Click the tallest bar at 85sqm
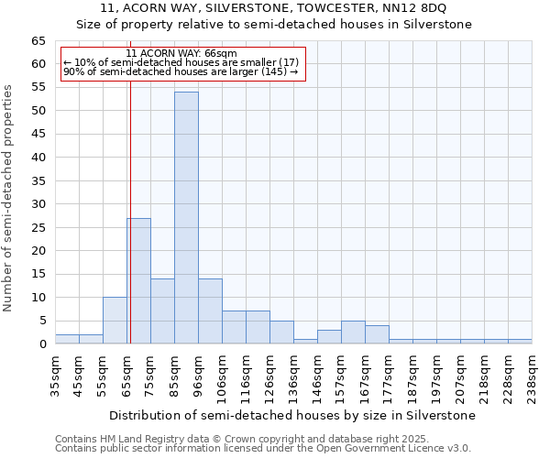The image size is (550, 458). click(x=186, y=218)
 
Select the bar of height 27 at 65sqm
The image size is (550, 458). click(x=139, y=280)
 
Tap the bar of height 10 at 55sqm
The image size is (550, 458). click(x=115, y=321)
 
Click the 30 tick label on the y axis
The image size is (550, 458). click(x=38, y=204)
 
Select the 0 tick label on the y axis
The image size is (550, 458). click(x=42, y=344)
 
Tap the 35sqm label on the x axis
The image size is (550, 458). click(x=55, y=376)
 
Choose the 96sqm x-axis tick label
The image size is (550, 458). click(x=198, y=376)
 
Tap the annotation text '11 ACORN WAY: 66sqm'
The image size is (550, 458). click(x=181, y=54)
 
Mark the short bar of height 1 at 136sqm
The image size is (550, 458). click(x=305, y=341)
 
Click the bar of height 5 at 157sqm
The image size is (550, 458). click(x=353, y=333)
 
